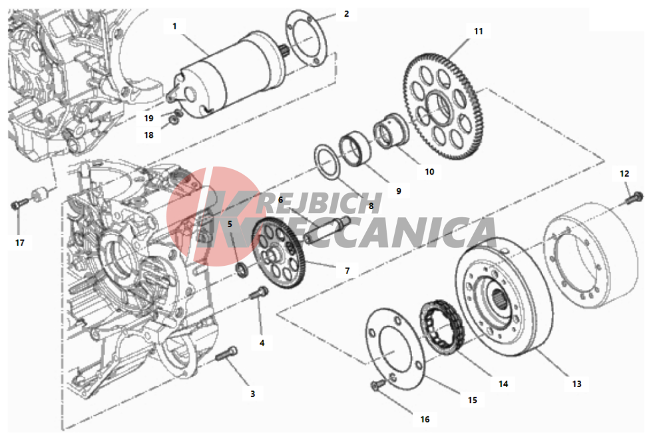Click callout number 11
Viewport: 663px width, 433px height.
pos(478,31)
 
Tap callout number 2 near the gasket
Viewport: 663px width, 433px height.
pos(346,14)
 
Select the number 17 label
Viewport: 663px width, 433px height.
pos(20,242)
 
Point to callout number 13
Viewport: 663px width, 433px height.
pos(576,384)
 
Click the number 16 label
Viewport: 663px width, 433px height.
pos(425,419)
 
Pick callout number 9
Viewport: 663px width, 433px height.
pos(399,191)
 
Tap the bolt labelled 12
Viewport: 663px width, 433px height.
pos(634,197)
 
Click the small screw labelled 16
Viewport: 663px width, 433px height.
pos(377,385)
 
